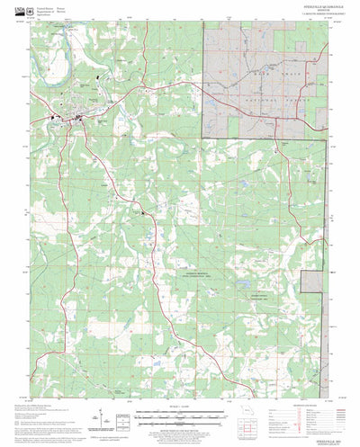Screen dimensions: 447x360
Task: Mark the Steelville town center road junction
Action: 79,117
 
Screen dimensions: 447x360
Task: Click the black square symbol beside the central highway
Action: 141,212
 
